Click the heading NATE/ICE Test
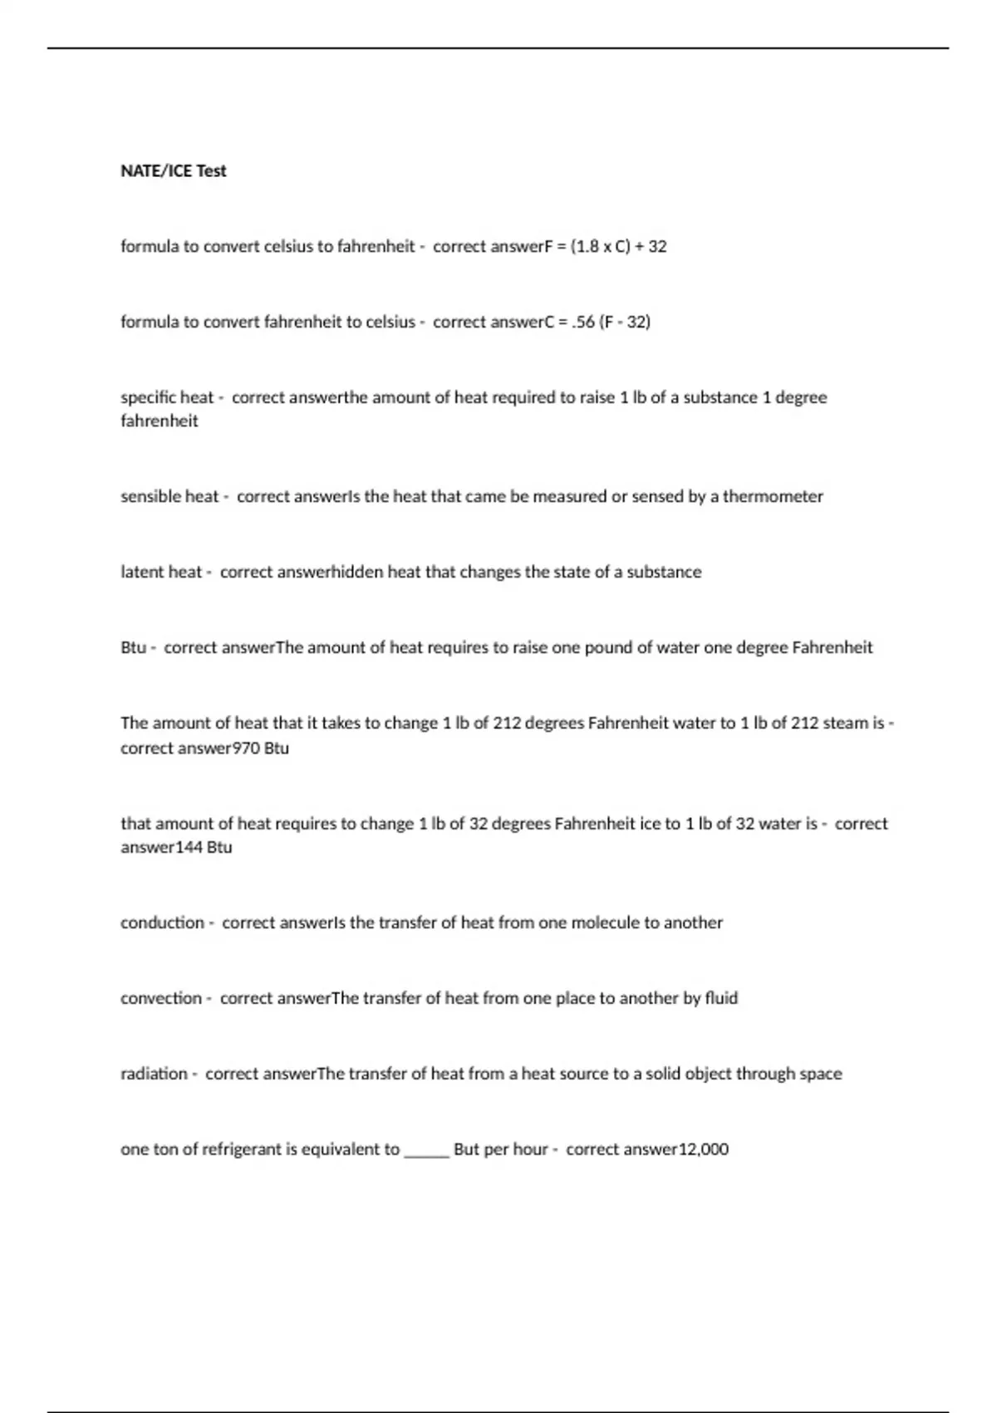pyautogui.click(x=173, y=170)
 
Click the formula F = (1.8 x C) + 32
pyautogui.click(x=607, y=246)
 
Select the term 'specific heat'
pyautogui.click(x=167, y=397)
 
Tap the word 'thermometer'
pyautogui.click(x=773, y=496)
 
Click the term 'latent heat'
pyautogui.click(x=161, y=572)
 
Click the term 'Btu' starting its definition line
pyautogui.click(x=133, y=647)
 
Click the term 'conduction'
pyautogui.click(x=162, y=923)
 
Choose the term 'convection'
pyautogui.click(x=161, y=998)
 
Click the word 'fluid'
pyautogui.click(x=721, y=998)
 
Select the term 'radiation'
pyautogui.click(x=154, y=1074)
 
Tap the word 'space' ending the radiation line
pyautogui.click(x=820, y=1074)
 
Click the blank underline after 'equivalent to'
pyautogui.click(x=426, y=1152)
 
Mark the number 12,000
pyautogui.click(x=704, y=1150)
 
